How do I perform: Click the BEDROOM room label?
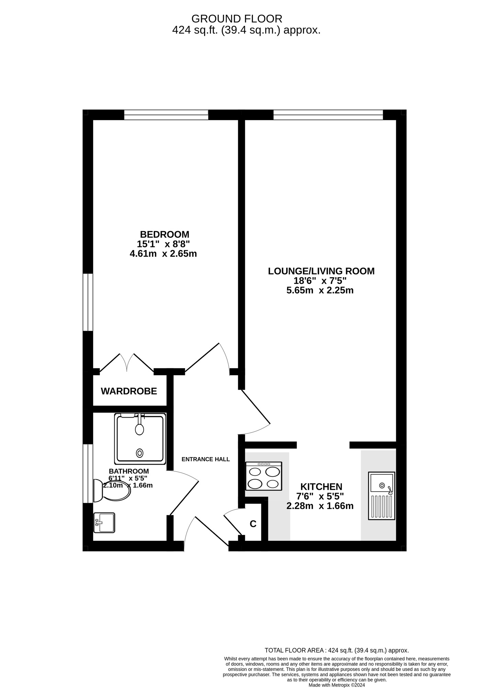tap(165, 234)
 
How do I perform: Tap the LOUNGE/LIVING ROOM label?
tap(321, 271)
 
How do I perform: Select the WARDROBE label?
tap(129, 391)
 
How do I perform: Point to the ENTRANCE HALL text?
tap(205, 459)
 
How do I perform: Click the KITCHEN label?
tap(321, 487)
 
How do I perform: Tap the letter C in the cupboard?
tap(253, 524)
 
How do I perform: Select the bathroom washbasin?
tap(104, 523)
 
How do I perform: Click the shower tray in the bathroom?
tap(140, 438)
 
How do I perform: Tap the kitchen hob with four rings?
tap(264, 476)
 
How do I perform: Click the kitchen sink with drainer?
tap(381, 496)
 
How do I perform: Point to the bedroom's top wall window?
tap(166, 115)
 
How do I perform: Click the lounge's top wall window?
tap(328, 115)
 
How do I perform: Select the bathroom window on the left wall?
tap(88, 473)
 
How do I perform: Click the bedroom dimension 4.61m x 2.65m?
tap(163, 254)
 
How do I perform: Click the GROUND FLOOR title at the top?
tap(237, 18)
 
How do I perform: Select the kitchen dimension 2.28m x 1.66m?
tap(320, 506)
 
